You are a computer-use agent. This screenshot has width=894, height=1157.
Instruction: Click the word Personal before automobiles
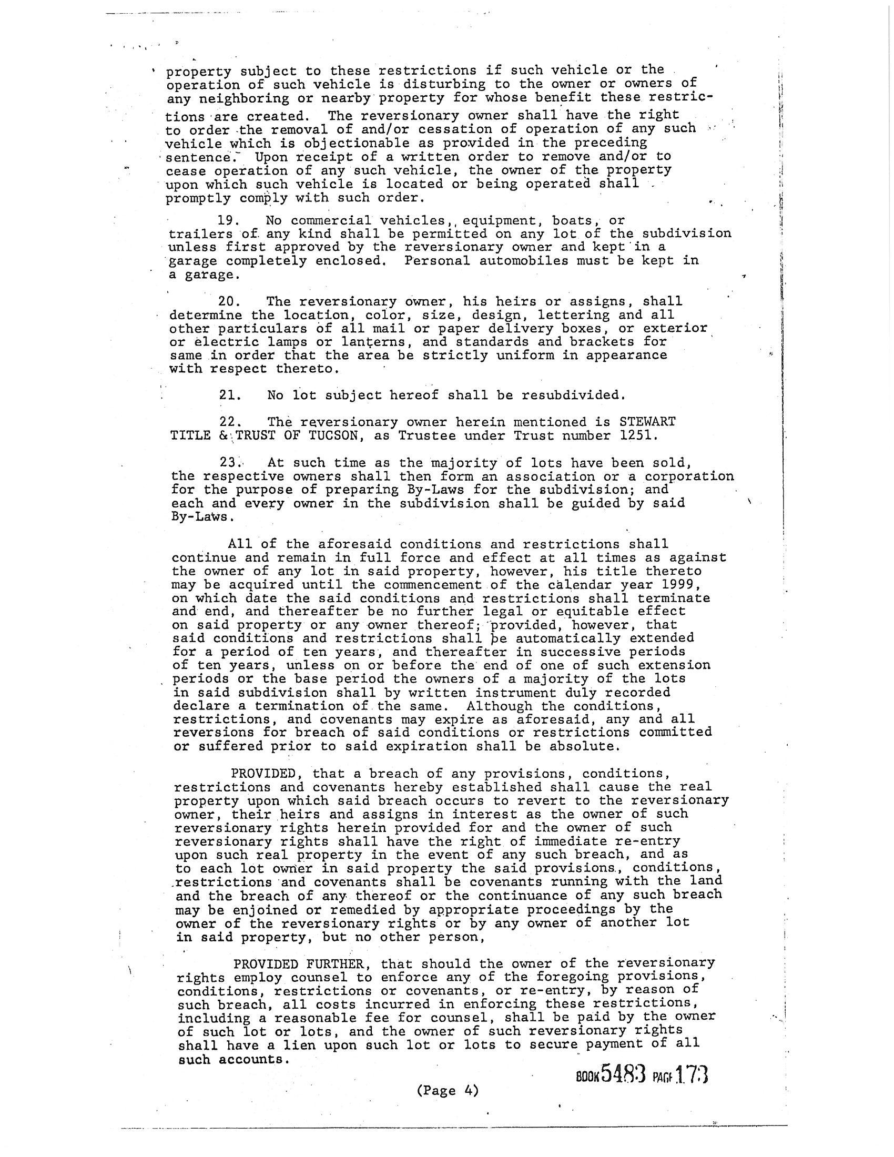pyautogui.click(x=436, y=261)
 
